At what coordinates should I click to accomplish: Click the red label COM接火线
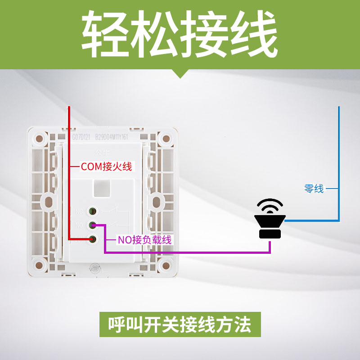coord(106,166)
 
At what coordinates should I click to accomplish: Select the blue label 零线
coord(314,189)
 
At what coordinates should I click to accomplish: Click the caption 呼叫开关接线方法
coord(180,324)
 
